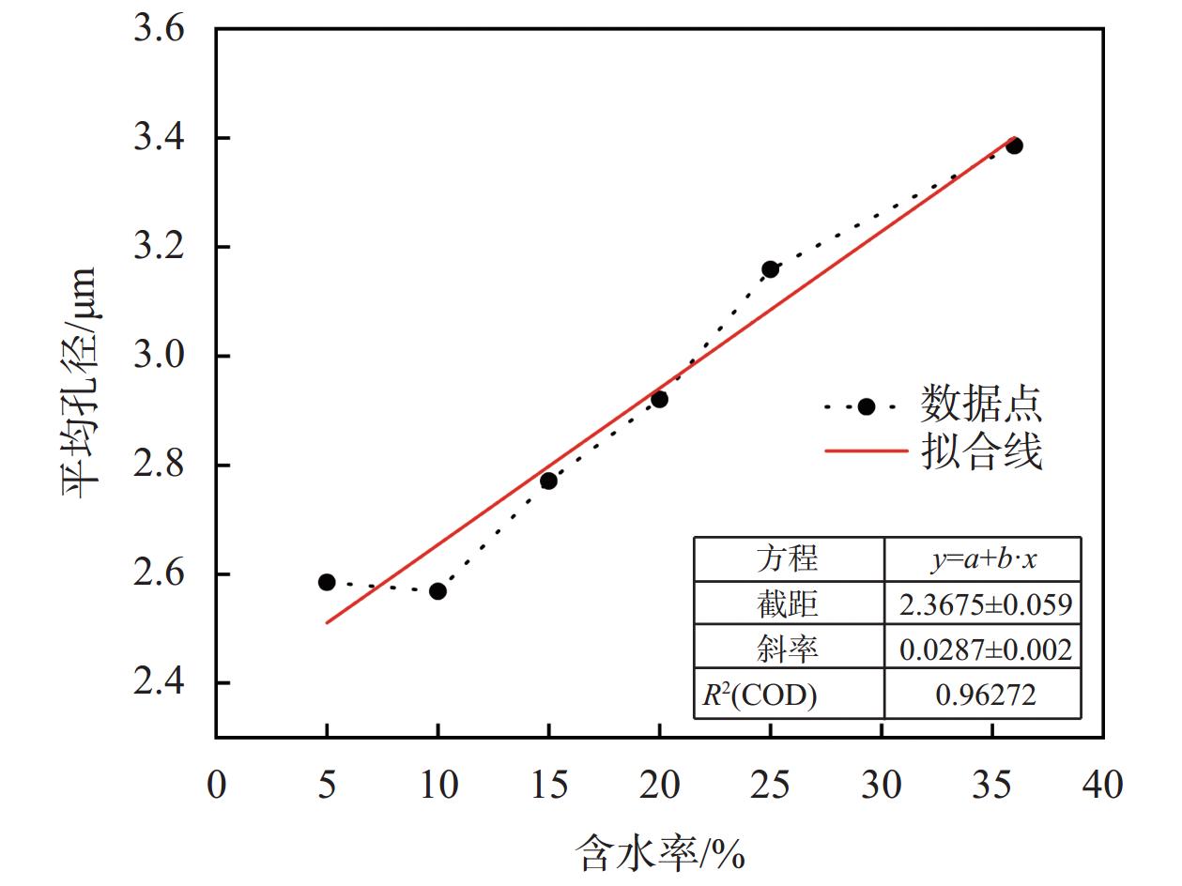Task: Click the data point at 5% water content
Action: coord(327,582)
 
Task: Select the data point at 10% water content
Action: coord(437,590)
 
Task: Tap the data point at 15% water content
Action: coord(548,481)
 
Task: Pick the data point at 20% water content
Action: coord(659,399)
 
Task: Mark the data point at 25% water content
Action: coord(770,269)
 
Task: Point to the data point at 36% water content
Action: coord(1014,145)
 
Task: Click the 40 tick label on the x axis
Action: coord(1102,785)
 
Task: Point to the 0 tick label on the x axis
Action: coord(216,785)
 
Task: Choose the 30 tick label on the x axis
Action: coord(881,785)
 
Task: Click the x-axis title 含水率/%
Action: coord(659,853)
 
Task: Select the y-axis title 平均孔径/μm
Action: coord(81,383)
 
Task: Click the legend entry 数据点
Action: coord(980,405)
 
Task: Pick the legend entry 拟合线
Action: coord(980,451)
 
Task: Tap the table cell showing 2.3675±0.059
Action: coord(984,603)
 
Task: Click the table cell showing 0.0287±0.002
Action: coord(984,649)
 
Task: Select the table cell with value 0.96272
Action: coord(984,695)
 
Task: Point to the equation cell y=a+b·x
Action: coord(984,559)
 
